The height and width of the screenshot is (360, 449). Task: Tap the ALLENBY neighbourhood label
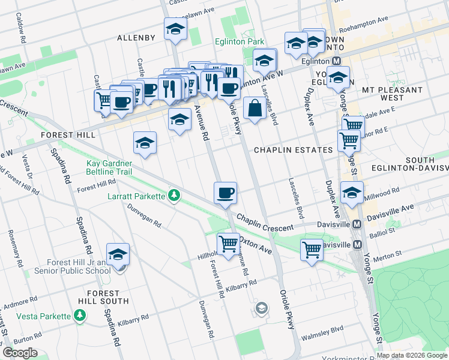point(136,38)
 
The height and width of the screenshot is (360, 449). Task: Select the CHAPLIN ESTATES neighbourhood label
point(293,149)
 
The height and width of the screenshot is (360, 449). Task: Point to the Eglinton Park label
point(240,42)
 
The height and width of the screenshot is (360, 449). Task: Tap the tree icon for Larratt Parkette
point(174,196)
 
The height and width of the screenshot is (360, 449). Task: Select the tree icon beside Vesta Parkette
point(79,315)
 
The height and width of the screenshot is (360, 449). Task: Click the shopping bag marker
point(255,109)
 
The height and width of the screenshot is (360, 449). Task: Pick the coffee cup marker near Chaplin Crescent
point(225,193)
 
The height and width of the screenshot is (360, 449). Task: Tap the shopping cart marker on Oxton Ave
point(228,244)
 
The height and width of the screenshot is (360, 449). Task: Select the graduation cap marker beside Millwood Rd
point(352,192)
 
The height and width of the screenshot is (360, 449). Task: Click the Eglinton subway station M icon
point(336,61)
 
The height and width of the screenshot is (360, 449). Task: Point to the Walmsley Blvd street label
point(324,329)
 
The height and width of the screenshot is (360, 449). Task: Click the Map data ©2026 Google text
point(412,355)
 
